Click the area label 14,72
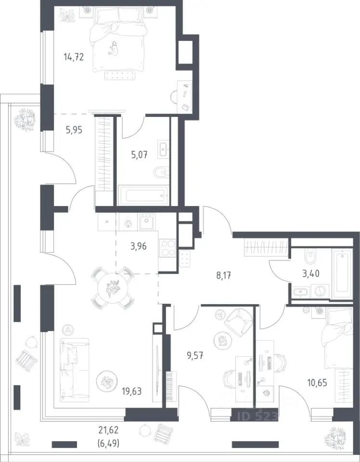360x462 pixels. (74, 57)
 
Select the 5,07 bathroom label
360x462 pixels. (140, 154)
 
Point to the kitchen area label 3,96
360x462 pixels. (139, 246)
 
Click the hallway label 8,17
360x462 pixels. (224, 276)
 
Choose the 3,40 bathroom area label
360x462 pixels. (311, 273)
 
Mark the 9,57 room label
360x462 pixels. (194, 356)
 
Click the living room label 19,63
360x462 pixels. (132, 391)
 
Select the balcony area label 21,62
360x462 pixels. (109, 430)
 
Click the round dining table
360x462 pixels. (113, 288)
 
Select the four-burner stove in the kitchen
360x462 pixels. (167, 248)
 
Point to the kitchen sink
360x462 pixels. (147, 221)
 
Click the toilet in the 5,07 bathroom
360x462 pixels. (161, 172)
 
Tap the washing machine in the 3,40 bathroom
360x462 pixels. (320, 292)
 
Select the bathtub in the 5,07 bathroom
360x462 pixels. (144, 195)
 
